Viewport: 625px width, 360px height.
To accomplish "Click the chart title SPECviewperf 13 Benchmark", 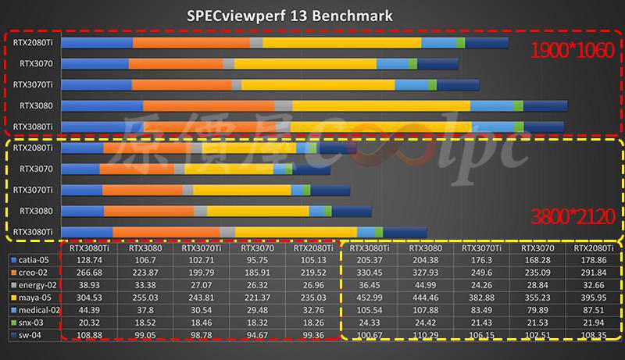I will (289, 15).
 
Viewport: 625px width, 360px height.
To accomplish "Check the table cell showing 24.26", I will (482, 285).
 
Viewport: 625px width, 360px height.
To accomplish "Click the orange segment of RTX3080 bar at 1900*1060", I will (209, 105).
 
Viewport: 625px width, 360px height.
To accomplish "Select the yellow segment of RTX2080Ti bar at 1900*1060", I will (341, 42).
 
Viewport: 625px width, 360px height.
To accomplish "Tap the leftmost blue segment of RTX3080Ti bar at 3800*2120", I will (87, 231).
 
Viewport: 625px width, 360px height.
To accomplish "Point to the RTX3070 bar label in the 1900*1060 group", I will (36, 64).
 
